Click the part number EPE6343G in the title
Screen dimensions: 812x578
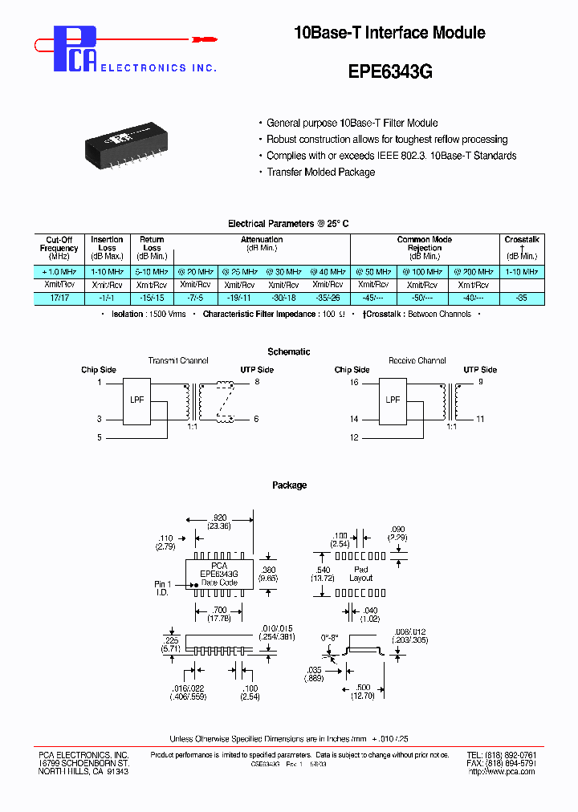[390, 71]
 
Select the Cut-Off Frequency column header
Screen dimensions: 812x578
[59, 248]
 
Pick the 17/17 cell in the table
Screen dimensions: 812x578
[59, 298]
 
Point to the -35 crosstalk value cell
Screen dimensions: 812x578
[522, 298]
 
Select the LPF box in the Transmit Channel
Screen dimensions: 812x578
[137, 400]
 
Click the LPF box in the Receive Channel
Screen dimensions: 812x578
[393, 400]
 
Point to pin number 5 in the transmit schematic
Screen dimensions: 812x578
[100, 437]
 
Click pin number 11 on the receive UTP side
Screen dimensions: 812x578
[480, 419]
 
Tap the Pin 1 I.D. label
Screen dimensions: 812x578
[164, 588]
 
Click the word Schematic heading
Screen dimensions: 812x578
[289, 351]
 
